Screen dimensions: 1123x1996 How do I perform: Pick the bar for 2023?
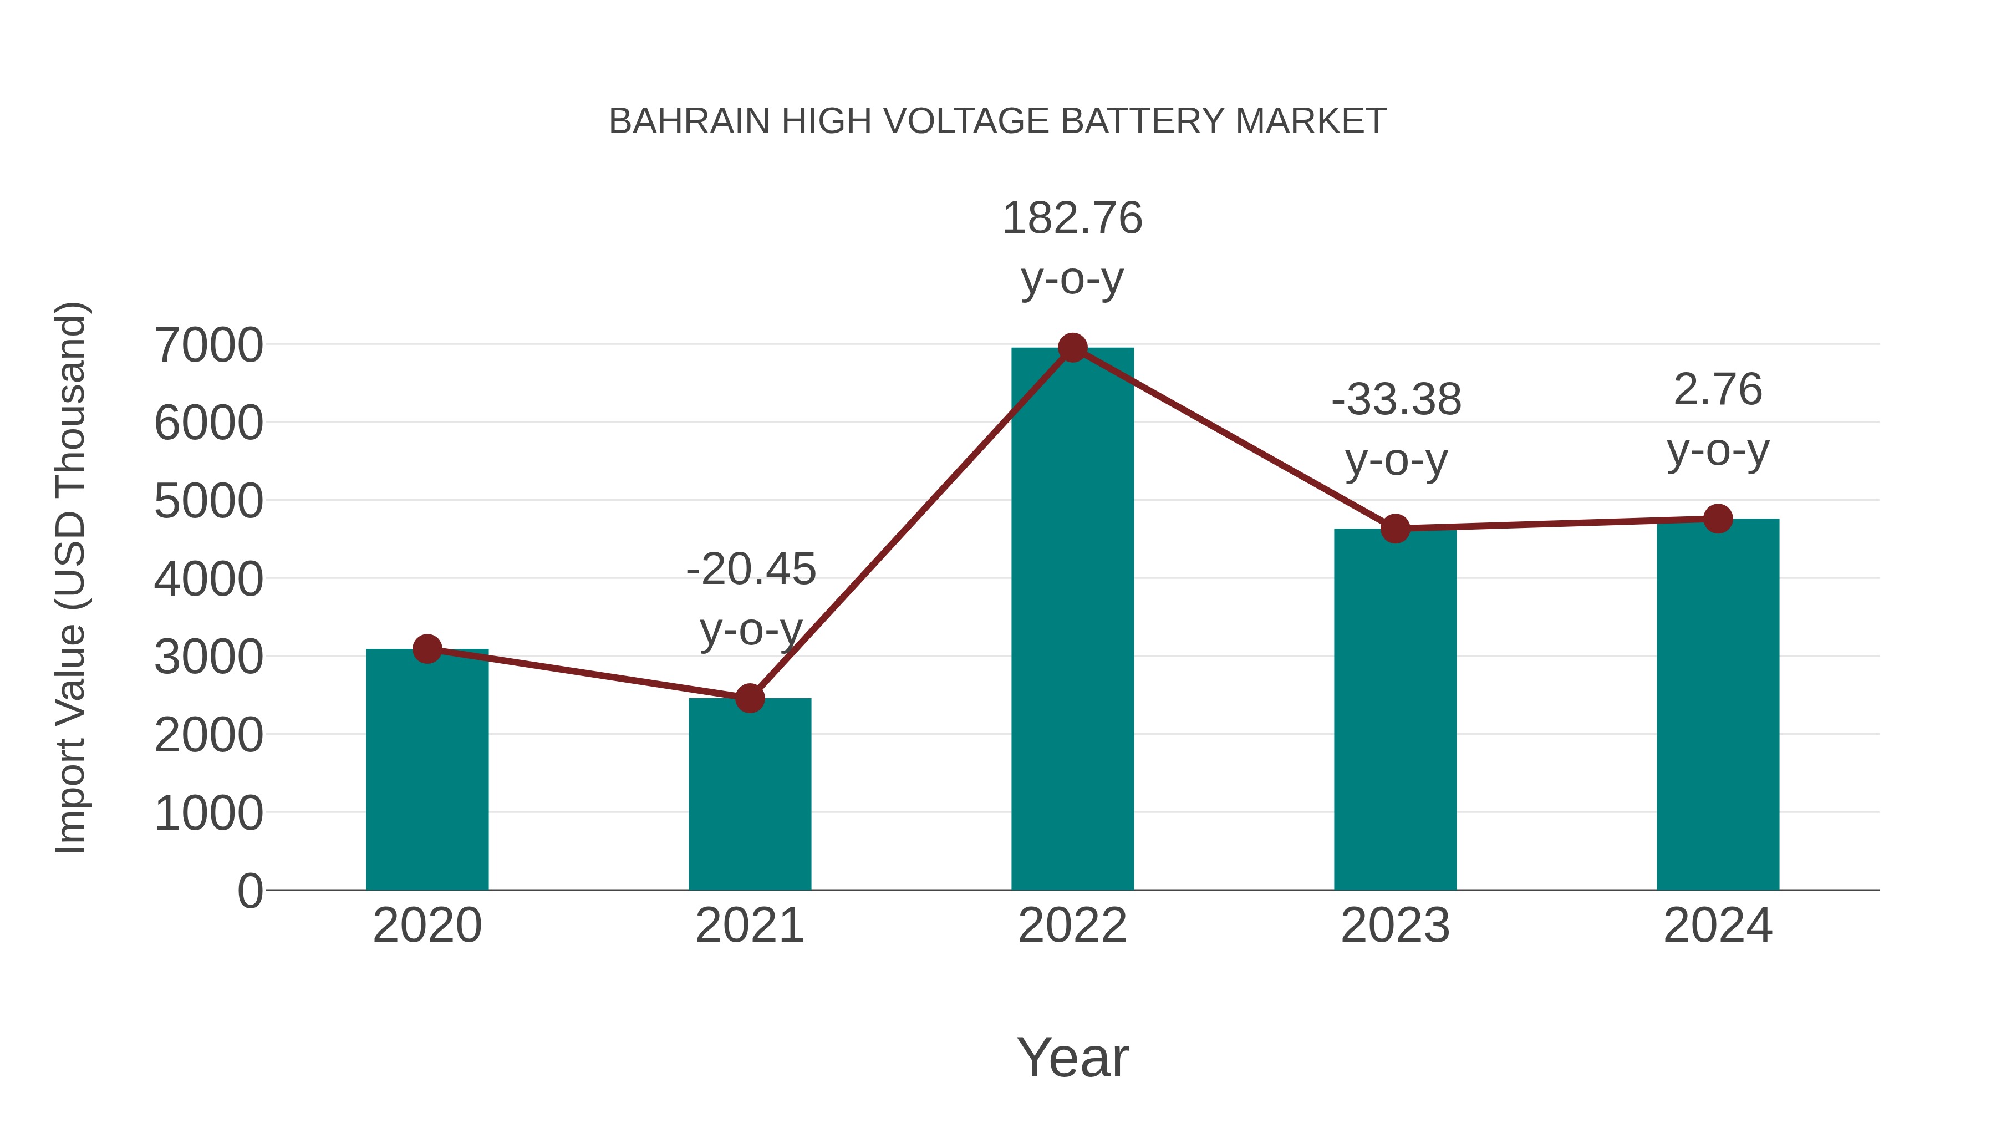coord(1395,709)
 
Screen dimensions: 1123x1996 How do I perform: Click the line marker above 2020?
coord(427,649)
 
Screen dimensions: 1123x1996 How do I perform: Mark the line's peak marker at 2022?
coord(1072,348)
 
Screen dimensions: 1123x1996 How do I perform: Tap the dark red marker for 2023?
coord(1395,529)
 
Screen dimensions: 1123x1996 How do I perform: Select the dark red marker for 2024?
coord(1718,519)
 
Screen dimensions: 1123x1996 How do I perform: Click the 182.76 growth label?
coord(1072,218)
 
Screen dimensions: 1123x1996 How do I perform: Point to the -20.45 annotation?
coord(751,570)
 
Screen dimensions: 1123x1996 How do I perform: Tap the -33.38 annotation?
coord(1396,400)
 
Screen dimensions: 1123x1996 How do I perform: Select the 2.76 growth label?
coord(1718,390)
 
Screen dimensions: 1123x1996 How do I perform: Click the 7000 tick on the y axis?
coord(208,345)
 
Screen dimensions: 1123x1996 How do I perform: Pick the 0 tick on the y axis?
coord(249,891)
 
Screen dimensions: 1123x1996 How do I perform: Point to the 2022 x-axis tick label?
coord(1072,926)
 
